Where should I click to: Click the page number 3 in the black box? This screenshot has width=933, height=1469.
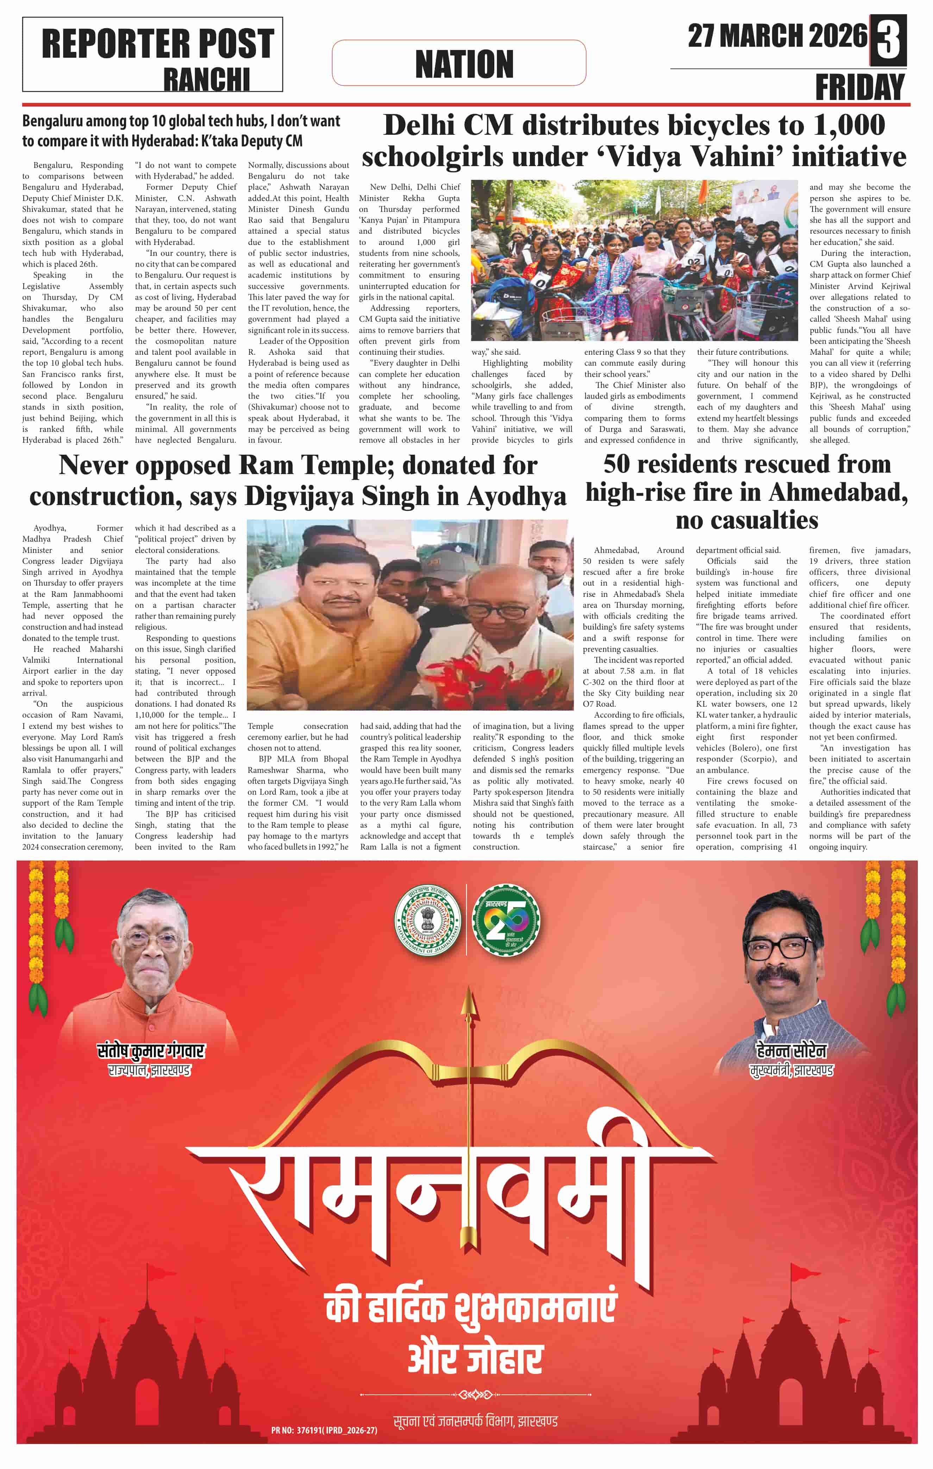[x=888, y=40]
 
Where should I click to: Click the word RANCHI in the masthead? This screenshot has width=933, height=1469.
[x=206, y=80]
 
